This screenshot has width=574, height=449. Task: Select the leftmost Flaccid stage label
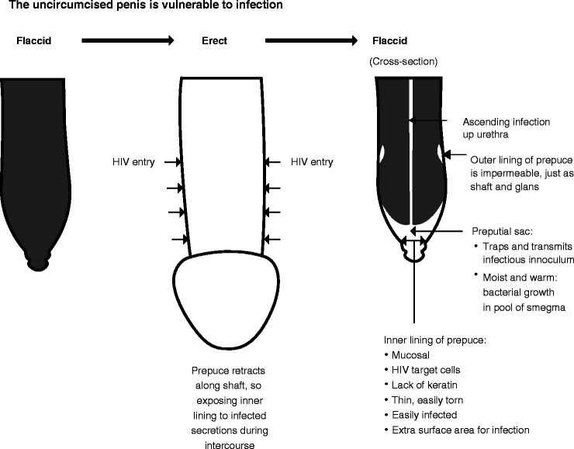pyautogui.click(x=34, y=41)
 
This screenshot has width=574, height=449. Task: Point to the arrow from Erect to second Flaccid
pyautogui.click(x=311, y=41)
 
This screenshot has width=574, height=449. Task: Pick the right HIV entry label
pyautogui.click(x=311, y=162)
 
